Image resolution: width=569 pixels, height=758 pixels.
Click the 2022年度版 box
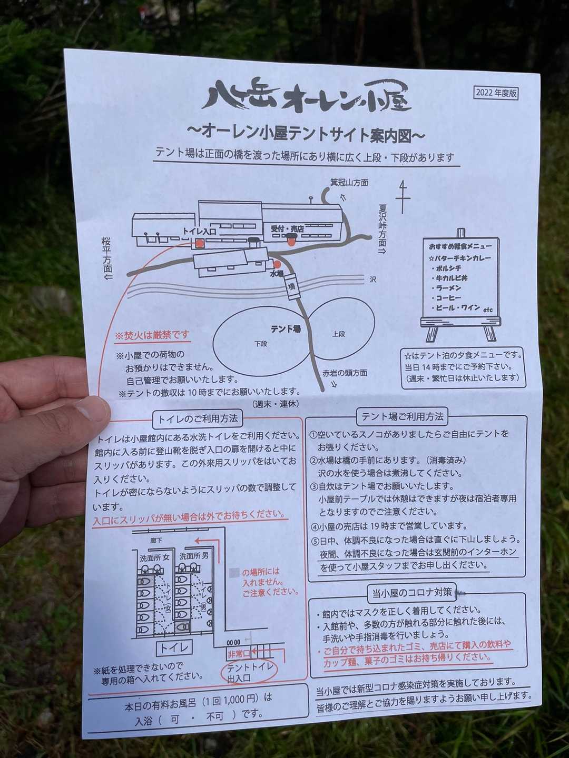[x=496, y=93]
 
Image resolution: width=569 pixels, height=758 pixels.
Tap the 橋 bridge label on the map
[x=292, y=286]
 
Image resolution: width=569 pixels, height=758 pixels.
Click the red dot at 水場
[x=277, y=265]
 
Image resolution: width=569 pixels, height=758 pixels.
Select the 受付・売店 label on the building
[x=287, y=228]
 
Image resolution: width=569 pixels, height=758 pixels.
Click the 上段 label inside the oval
[x=339, y=334]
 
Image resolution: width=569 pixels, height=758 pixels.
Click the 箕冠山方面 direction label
[x=349, y=183]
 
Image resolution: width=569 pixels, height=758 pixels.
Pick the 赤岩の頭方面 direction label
[x=345, y=373]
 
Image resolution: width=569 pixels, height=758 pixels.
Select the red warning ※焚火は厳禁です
[x=153, y=335]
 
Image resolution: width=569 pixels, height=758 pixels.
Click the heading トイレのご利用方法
[x=198, y=419]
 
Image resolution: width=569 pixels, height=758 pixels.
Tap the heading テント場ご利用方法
[x=402, y=417]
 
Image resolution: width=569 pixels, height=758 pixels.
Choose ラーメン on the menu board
[x=448, y=287]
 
